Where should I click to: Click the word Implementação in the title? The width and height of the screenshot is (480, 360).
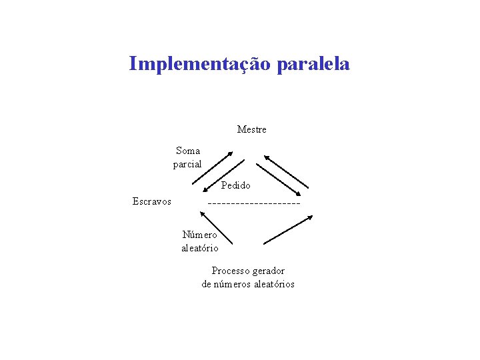tap(199, 64)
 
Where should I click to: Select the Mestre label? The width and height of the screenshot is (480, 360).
tap(251, 129)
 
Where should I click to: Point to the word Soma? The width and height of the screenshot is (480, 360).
tap(187, 151)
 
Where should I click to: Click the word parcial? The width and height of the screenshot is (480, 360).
tap(187, 164)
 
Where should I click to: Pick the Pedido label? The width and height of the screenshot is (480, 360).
tap(236, 185)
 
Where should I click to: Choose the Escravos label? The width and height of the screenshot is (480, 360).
tap(152, 201)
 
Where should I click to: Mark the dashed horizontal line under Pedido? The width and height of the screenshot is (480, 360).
tap(254, 203)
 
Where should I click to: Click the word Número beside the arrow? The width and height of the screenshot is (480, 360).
tap(200, 235)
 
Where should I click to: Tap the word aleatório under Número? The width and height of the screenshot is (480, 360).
tap(200, 248)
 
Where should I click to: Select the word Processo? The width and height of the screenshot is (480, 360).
tap(230, 271)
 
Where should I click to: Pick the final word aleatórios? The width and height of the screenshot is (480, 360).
tap(272, 284)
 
